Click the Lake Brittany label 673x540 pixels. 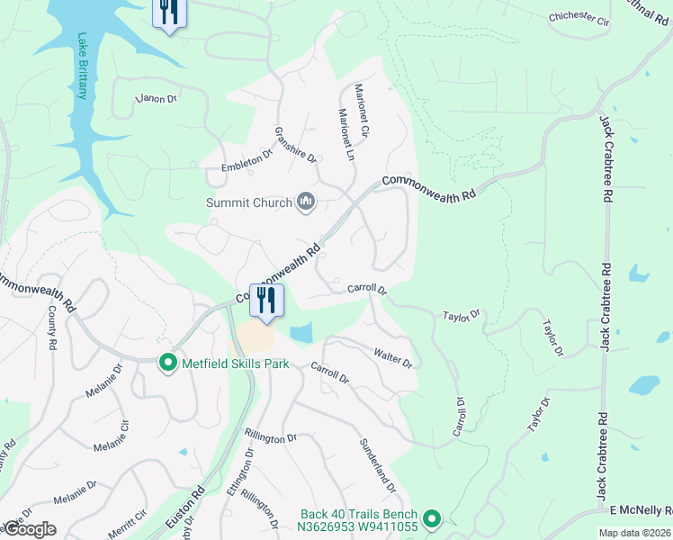coord(82,67)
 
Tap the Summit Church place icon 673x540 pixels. coord(306,202)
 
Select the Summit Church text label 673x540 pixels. coord(249,202)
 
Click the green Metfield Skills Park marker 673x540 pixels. coord(167,364)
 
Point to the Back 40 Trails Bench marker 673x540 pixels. coord(432,518)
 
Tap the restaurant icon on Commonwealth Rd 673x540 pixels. coord(266,301)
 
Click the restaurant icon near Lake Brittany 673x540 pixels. coord(168,13)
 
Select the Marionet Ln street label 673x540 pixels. coord(344,135)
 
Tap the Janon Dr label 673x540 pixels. coord(156,98)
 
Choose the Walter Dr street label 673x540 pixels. coord(393,356)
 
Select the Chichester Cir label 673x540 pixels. coord(579,16)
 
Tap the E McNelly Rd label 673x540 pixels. coord(640,509)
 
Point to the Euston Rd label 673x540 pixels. coord(185,509)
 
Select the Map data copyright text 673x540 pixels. coord(634,533)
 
